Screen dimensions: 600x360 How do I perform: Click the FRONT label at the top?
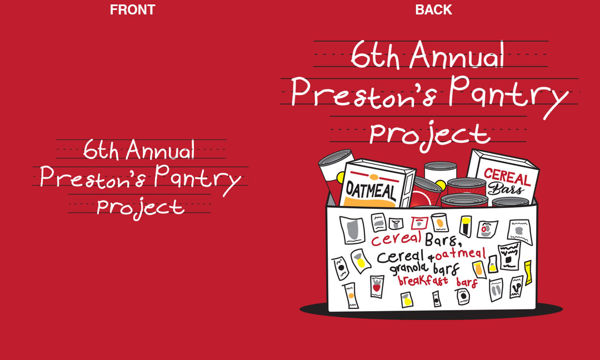(x=132, y=9)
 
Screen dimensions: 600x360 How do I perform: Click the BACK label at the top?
(x=433, y=9)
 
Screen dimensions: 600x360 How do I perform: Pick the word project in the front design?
(x=141, y=209)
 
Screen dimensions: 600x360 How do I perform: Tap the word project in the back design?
(x=429, y=135)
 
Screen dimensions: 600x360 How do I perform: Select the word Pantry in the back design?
(x=508, y=96)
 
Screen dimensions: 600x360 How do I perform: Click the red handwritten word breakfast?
(x=423, y=280)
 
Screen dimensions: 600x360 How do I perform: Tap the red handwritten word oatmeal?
(x=461, y=254)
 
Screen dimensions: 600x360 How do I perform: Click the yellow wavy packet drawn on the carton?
(x=528, y=273)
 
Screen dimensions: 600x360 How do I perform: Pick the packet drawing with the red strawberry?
(x=377, y=287)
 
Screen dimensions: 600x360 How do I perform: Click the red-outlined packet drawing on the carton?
(x=420, y=223)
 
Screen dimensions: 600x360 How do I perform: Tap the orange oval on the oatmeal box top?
(x=374, y=177)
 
